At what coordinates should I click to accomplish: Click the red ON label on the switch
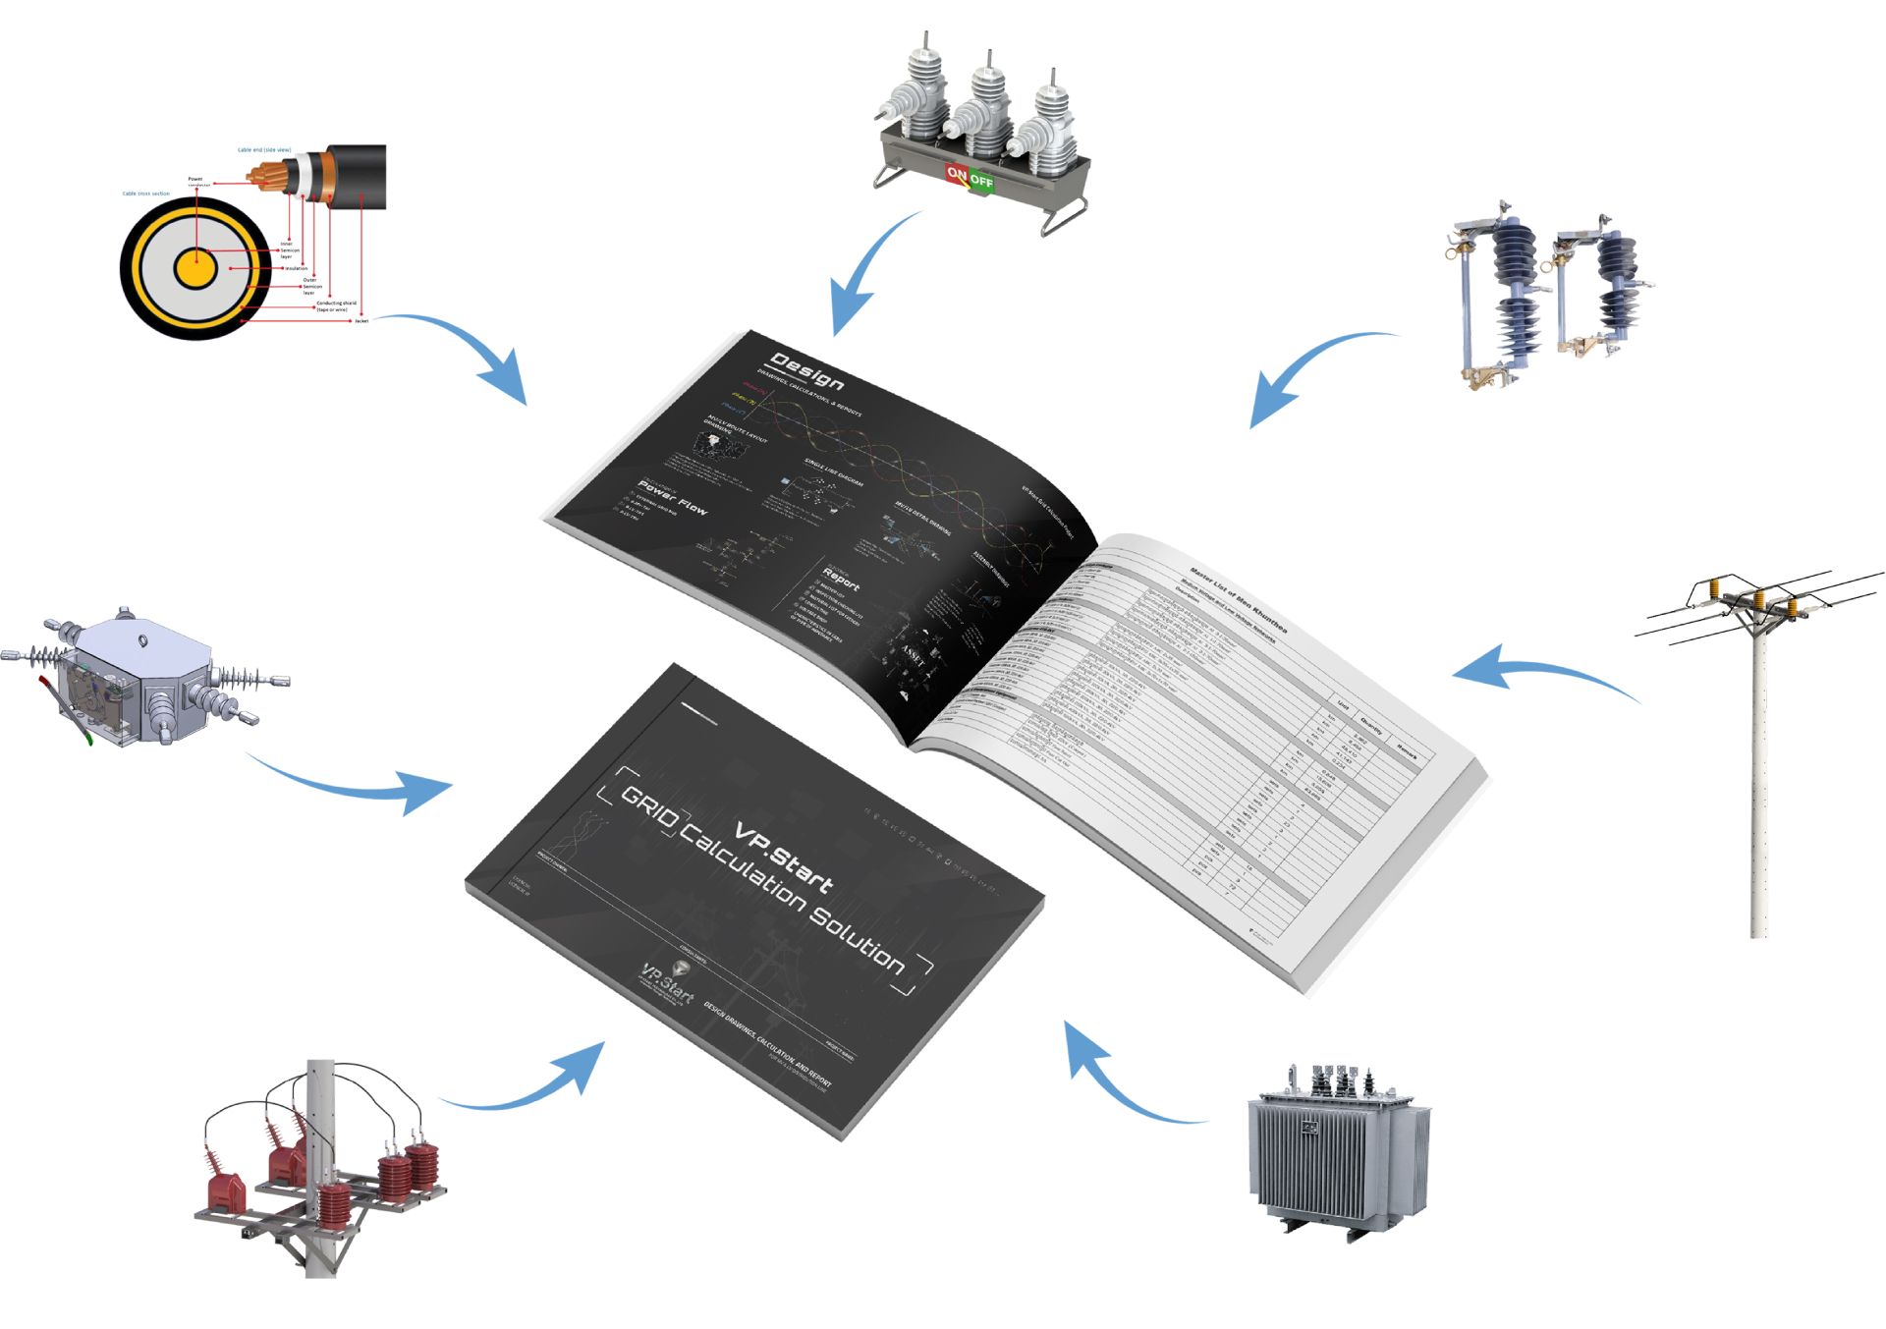click(957, 174)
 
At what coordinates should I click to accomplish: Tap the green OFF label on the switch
click(981, 182)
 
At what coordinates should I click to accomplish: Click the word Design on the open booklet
click(806, 370)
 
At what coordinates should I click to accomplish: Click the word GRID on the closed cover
click(649, 807)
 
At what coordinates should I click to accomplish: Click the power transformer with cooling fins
click(1336, 1149)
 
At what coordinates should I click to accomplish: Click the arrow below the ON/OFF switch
click(864, 275)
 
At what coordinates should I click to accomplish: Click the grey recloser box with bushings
click(138, 678)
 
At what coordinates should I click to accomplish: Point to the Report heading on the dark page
click(841, 580)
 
